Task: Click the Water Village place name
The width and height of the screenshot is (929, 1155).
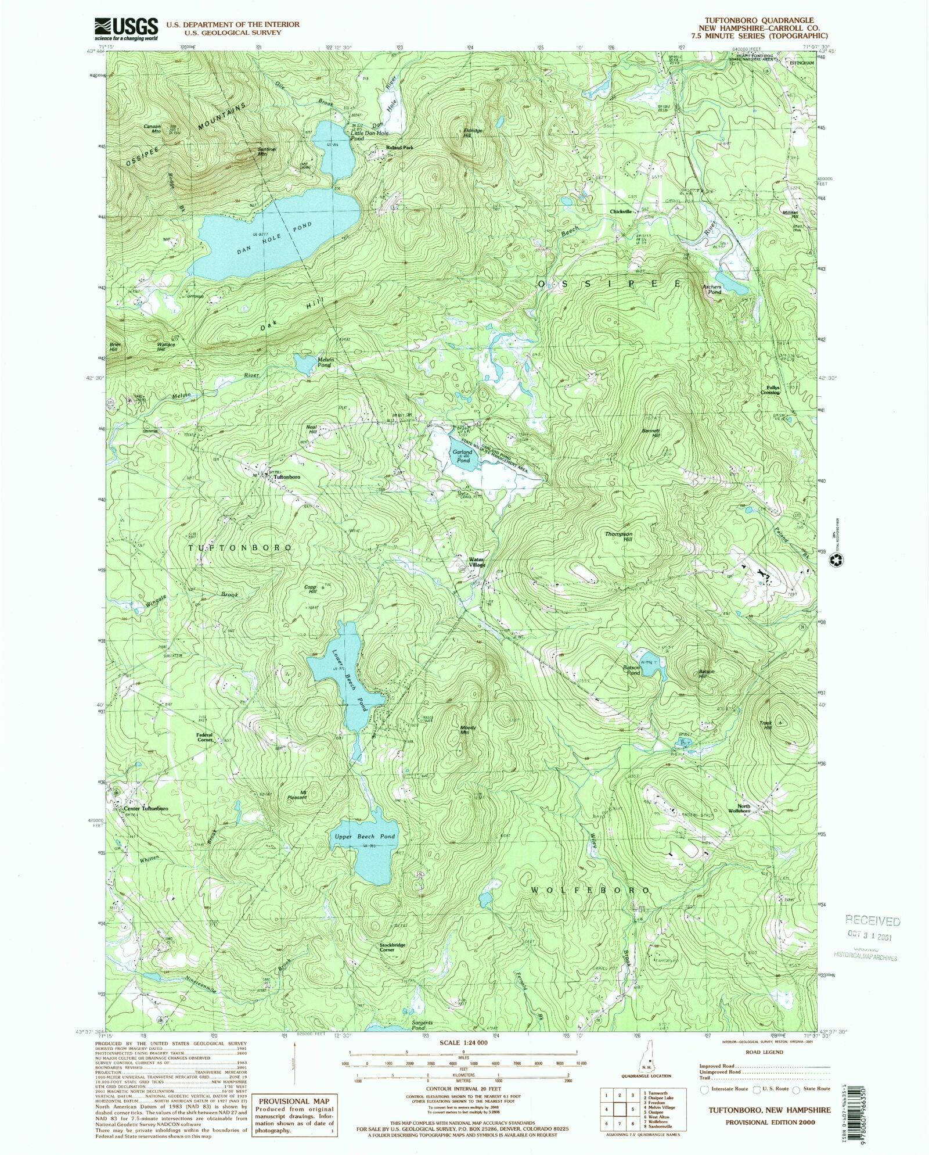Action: pyautogui.click(x=477, y=562)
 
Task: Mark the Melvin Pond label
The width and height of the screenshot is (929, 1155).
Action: pyautogui.click(x=324, y=363)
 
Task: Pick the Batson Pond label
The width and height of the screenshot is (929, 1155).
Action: pyautogui.click(x=632, y=670)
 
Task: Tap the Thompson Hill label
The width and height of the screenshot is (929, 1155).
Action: pyautogui.click(x=618, y=536)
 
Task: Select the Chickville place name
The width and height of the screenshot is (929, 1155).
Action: pyautogui.click(x=621, y=212)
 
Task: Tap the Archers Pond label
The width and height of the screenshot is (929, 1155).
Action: pyautogui.click(x=711, y=289)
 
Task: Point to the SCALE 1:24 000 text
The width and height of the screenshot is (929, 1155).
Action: pyautogui.click(x=463, y=1042)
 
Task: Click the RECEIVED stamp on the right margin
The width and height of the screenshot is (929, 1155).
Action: pyautogui.click(x=873, y=921)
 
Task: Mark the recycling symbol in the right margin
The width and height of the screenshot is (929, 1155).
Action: pyautogui.click(x=840, y=559)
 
